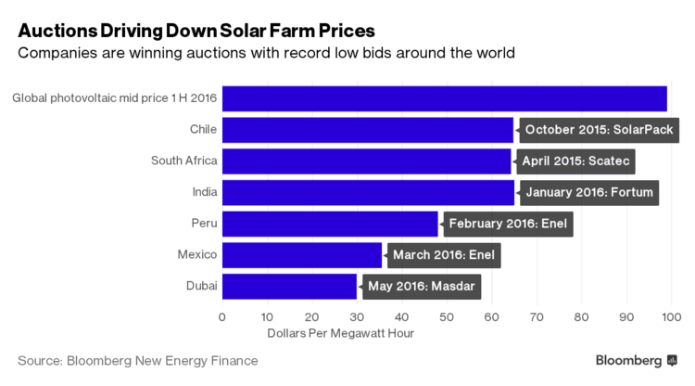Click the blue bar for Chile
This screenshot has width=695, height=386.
pyautogui.click(x=367, y=130)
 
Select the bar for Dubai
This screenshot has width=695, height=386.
pyautogui.click(x=289, y=286)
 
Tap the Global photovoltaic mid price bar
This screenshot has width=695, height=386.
pyautogui.click(x=444, y=98)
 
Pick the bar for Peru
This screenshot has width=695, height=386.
pyautogui.click(x=330, y=224)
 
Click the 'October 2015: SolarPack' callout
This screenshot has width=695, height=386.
pyautogui.click(x=599, y=130)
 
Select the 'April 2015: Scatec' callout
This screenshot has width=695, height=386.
pyautogui.click(x=575, y=161)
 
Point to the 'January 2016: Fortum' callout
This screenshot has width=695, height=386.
pyautogui.click(x=588, y=193)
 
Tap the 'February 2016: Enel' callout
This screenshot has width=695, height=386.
pyautogui.click(x=509, y=224)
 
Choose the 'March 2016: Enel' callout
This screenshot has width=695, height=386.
pyautogui.click(x=444, y=255)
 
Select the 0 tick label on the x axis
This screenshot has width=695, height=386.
pyautogui.click(x=222, y=316)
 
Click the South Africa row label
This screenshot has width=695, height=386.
pyautogui.click(x=184, y=161)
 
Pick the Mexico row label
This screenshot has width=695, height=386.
pyautogui.click(x=196, y=254)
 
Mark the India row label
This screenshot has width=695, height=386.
pyautogui.click(x=204, y=192)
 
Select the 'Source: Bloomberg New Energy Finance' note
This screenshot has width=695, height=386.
pyautogui.click(x=138, y=360)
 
